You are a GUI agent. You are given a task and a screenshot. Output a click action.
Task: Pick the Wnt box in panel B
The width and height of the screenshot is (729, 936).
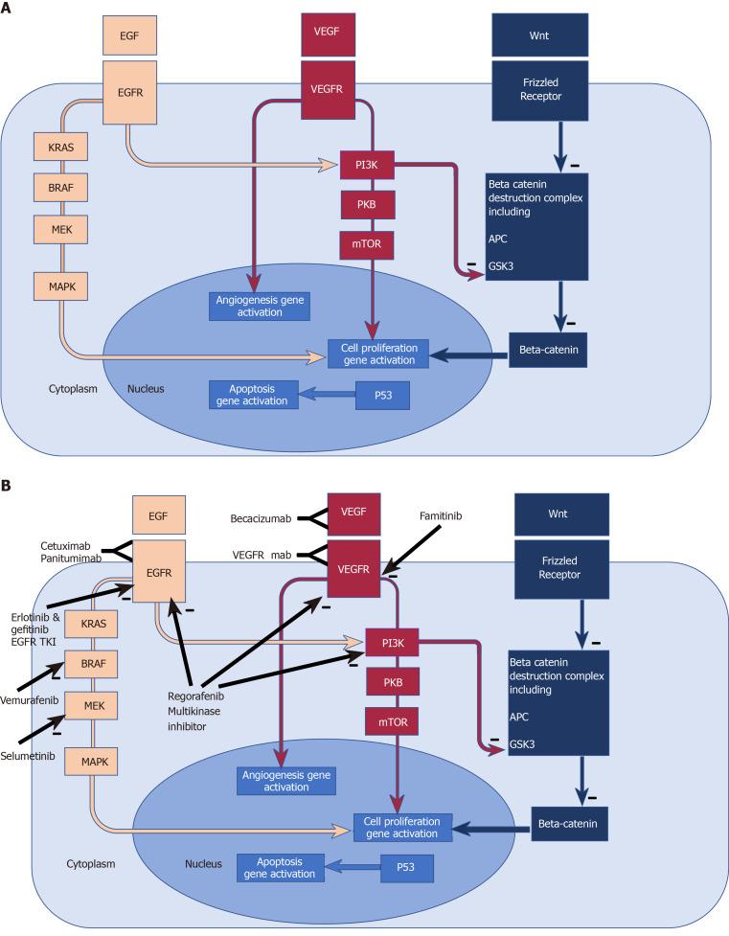pyautogui.click(x=573, y=513)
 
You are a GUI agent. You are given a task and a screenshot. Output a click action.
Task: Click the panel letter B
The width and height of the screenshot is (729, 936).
pyautogui.click(x=8, y=487)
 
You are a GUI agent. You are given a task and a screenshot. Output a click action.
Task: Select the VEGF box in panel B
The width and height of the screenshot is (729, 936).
pyautogui.click(x=354, y=513)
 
